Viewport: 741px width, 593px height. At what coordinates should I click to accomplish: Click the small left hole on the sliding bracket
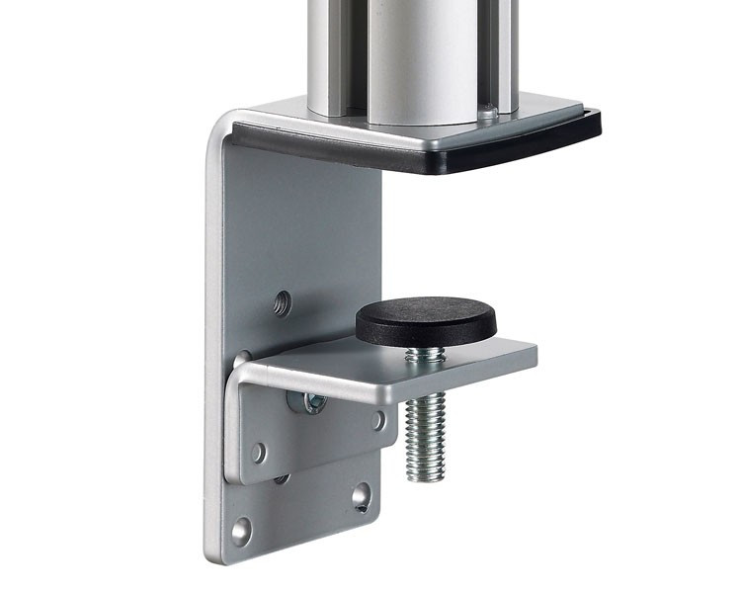pos(258,453)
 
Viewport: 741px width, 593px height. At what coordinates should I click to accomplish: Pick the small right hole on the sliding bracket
pos(378,420)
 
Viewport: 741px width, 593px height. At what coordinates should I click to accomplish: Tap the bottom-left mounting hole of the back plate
pos(242,531)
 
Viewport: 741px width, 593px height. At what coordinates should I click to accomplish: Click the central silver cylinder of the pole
pos(415,59)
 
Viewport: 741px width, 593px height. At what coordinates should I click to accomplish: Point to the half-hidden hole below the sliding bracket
pos(282,479)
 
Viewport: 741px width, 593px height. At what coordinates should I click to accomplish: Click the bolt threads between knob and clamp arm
pos(423,353)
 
